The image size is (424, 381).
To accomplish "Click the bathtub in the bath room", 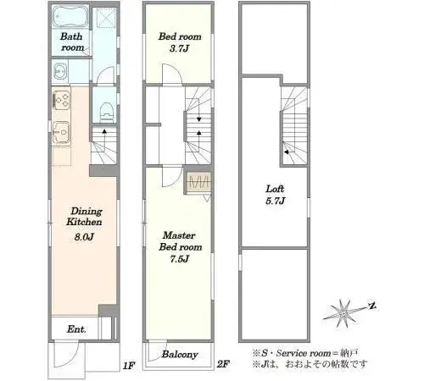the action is click(x=70, y=17).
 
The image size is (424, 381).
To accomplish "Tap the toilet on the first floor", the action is click(x=107, y=112).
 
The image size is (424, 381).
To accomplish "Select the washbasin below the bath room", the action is click(x=60, y=71).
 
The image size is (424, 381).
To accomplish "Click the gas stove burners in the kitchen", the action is click(x=61, y=100).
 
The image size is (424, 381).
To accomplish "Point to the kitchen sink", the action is click(x=61, y=132).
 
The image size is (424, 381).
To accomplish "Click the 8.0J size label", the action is click(x=84, y=236).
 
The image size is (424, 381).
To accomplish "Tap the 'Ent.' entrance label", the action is click(x=76, y=329).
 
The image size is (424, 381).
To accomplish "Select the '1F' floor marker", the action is click(x=129, y=366).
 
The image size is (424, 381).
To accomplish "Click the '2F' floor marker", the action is click(x=223, y=364).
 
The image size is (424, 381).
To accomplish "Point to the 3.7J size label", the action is click(x=179, y=48).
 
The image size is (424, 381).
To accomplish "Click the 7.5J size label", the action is click(x=179, y=258).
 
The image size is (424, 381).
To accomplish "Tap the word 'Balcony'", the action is click(x=180, y=355).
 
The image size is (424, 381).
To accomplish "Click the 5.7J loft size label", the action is click(x=275, y=201).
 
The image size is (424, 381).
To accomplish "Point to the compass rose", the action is click(x=344, y=312).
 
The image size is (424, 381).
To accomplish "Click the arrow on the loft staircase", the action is click(x=286, y=152).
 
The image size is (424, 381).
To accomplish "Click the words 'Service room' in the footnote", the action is click(x=304, y=353).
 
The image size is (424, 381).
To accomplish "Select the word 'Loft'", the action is click(x=275, y=189).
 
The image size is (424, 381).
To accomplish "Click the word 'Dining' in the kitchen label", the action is click(x=86, y=212).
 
